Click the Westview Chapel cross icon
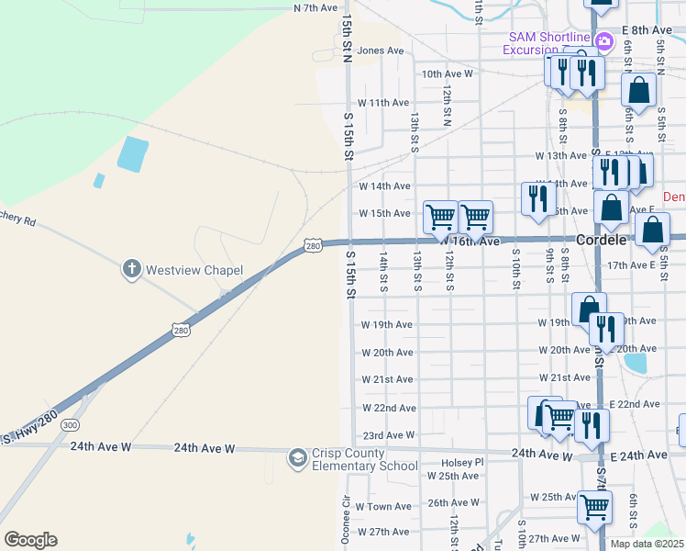click(132, 269)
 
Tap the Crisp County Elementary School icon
click(297, 457)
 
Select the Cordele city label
click(601, 240)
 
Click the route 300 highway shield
click(71, 425)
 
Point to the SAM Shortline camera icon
click(603, 41)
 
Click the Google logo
click(30, 540)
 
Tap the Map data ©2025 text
click(647, 544)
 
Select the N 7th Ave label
click(316, 7)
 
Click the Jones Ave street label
click(381, 51)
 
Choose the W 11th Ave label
click(382, 103)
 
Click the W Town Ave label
click(383, 506)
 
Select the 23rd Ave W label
click(389, 435)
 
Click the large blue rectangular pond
click(131, 153)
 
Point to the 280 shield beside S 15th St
click(313, 246)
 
